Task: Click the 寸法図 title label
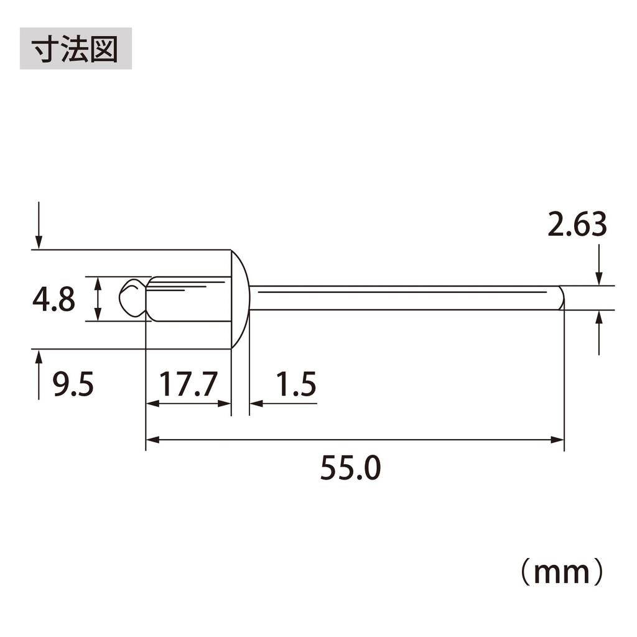click(75, 48)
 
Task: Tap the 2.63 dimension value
click(577, 225)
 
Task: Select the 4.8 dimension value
click(53, 300)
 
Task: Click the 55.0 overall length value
click(350, 468)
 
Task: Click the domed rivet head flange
click(240, 299)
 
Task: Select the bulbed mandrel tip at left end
click(132, 297)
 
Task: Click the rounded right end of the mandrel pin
click(561, 297)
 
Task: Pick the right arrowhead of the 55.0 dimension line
click(558, 440)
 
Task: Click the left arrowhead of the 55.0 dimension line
click(152, 440)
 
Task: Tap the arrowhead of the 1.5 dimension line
click(255, 404)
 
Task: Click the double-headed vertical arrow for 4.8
click(98, 299)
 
